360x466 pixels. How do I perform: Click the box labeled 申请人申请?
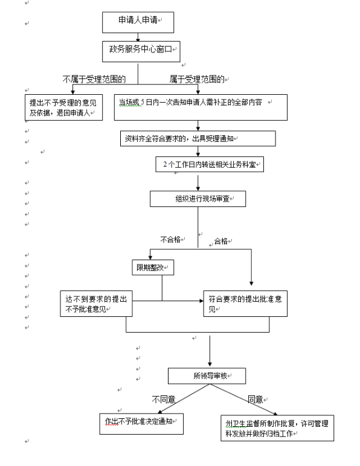coord(138,22)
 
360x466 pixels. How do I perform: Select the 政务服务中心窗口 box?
coord(141,51)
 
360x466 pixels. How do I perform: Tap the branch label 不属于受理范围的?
coord(94,79)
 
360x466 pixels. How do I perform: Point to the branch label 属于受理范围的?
coord(197,79)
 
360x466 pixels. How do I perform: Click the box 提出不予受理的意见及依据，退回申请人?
coord(63,107)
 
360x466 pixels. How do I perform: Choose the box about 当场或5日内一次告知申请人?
coord(201,107)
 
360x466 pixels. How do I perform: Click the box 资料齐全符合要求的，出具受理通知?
coord(198,138)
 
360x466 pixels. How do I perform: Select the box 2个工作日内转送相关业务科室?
coord(210,164)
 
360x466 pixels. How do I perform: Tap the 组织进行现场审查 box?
coord(198,199)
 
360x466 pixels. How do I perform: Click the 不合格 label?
coord(170,240)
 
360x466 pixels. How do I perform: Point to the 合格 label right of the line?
coord(221,241)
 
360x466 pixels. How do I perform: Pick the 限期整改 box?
coord(153,267)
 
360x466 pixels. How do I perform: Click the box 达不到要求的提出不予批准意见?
coord(96,304)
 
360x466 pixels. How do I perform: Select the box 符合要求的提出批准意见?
coord(245,304)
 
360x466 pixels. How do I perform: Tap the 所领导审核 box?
coord(207,376)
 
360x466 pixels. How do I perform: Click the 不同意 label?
coord(164,400)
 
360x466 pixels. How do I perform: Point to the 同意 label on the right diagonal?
coord(256,400)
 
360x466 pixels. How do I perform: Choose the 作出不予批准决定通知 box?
coord(141,424)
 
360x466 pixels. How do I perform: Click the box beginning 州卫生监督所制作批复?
coord(277,428)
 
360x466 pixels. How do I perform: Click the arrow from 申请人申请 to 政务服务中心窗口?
coord(138,37)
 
